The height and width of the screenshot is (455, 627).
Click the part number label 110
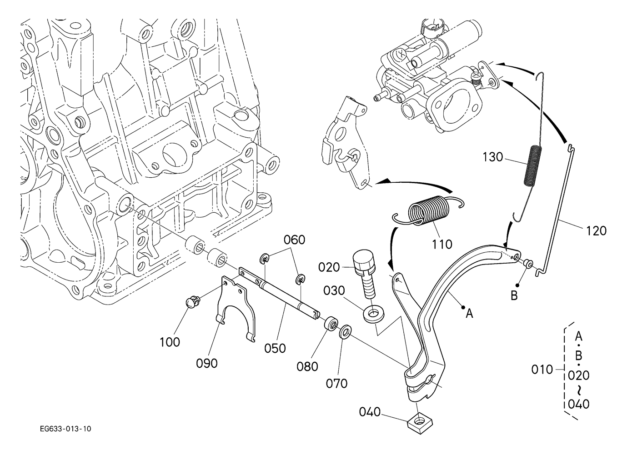tap(442, 244)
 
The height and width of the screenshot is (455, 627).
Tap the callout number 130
tap(493, 157)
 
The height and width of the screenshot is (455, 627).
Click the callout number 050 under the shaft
tap(275, 348)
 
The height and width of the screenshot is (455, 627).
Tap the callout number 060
tap(295, 240)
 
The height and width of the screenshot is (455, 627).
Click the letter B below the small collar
tap(514, 296)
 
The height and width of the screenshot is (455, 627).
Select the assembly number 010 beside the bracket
tap(542, 370)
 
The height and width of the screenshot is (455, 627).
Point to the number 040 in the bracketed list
tap(578, 404)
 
